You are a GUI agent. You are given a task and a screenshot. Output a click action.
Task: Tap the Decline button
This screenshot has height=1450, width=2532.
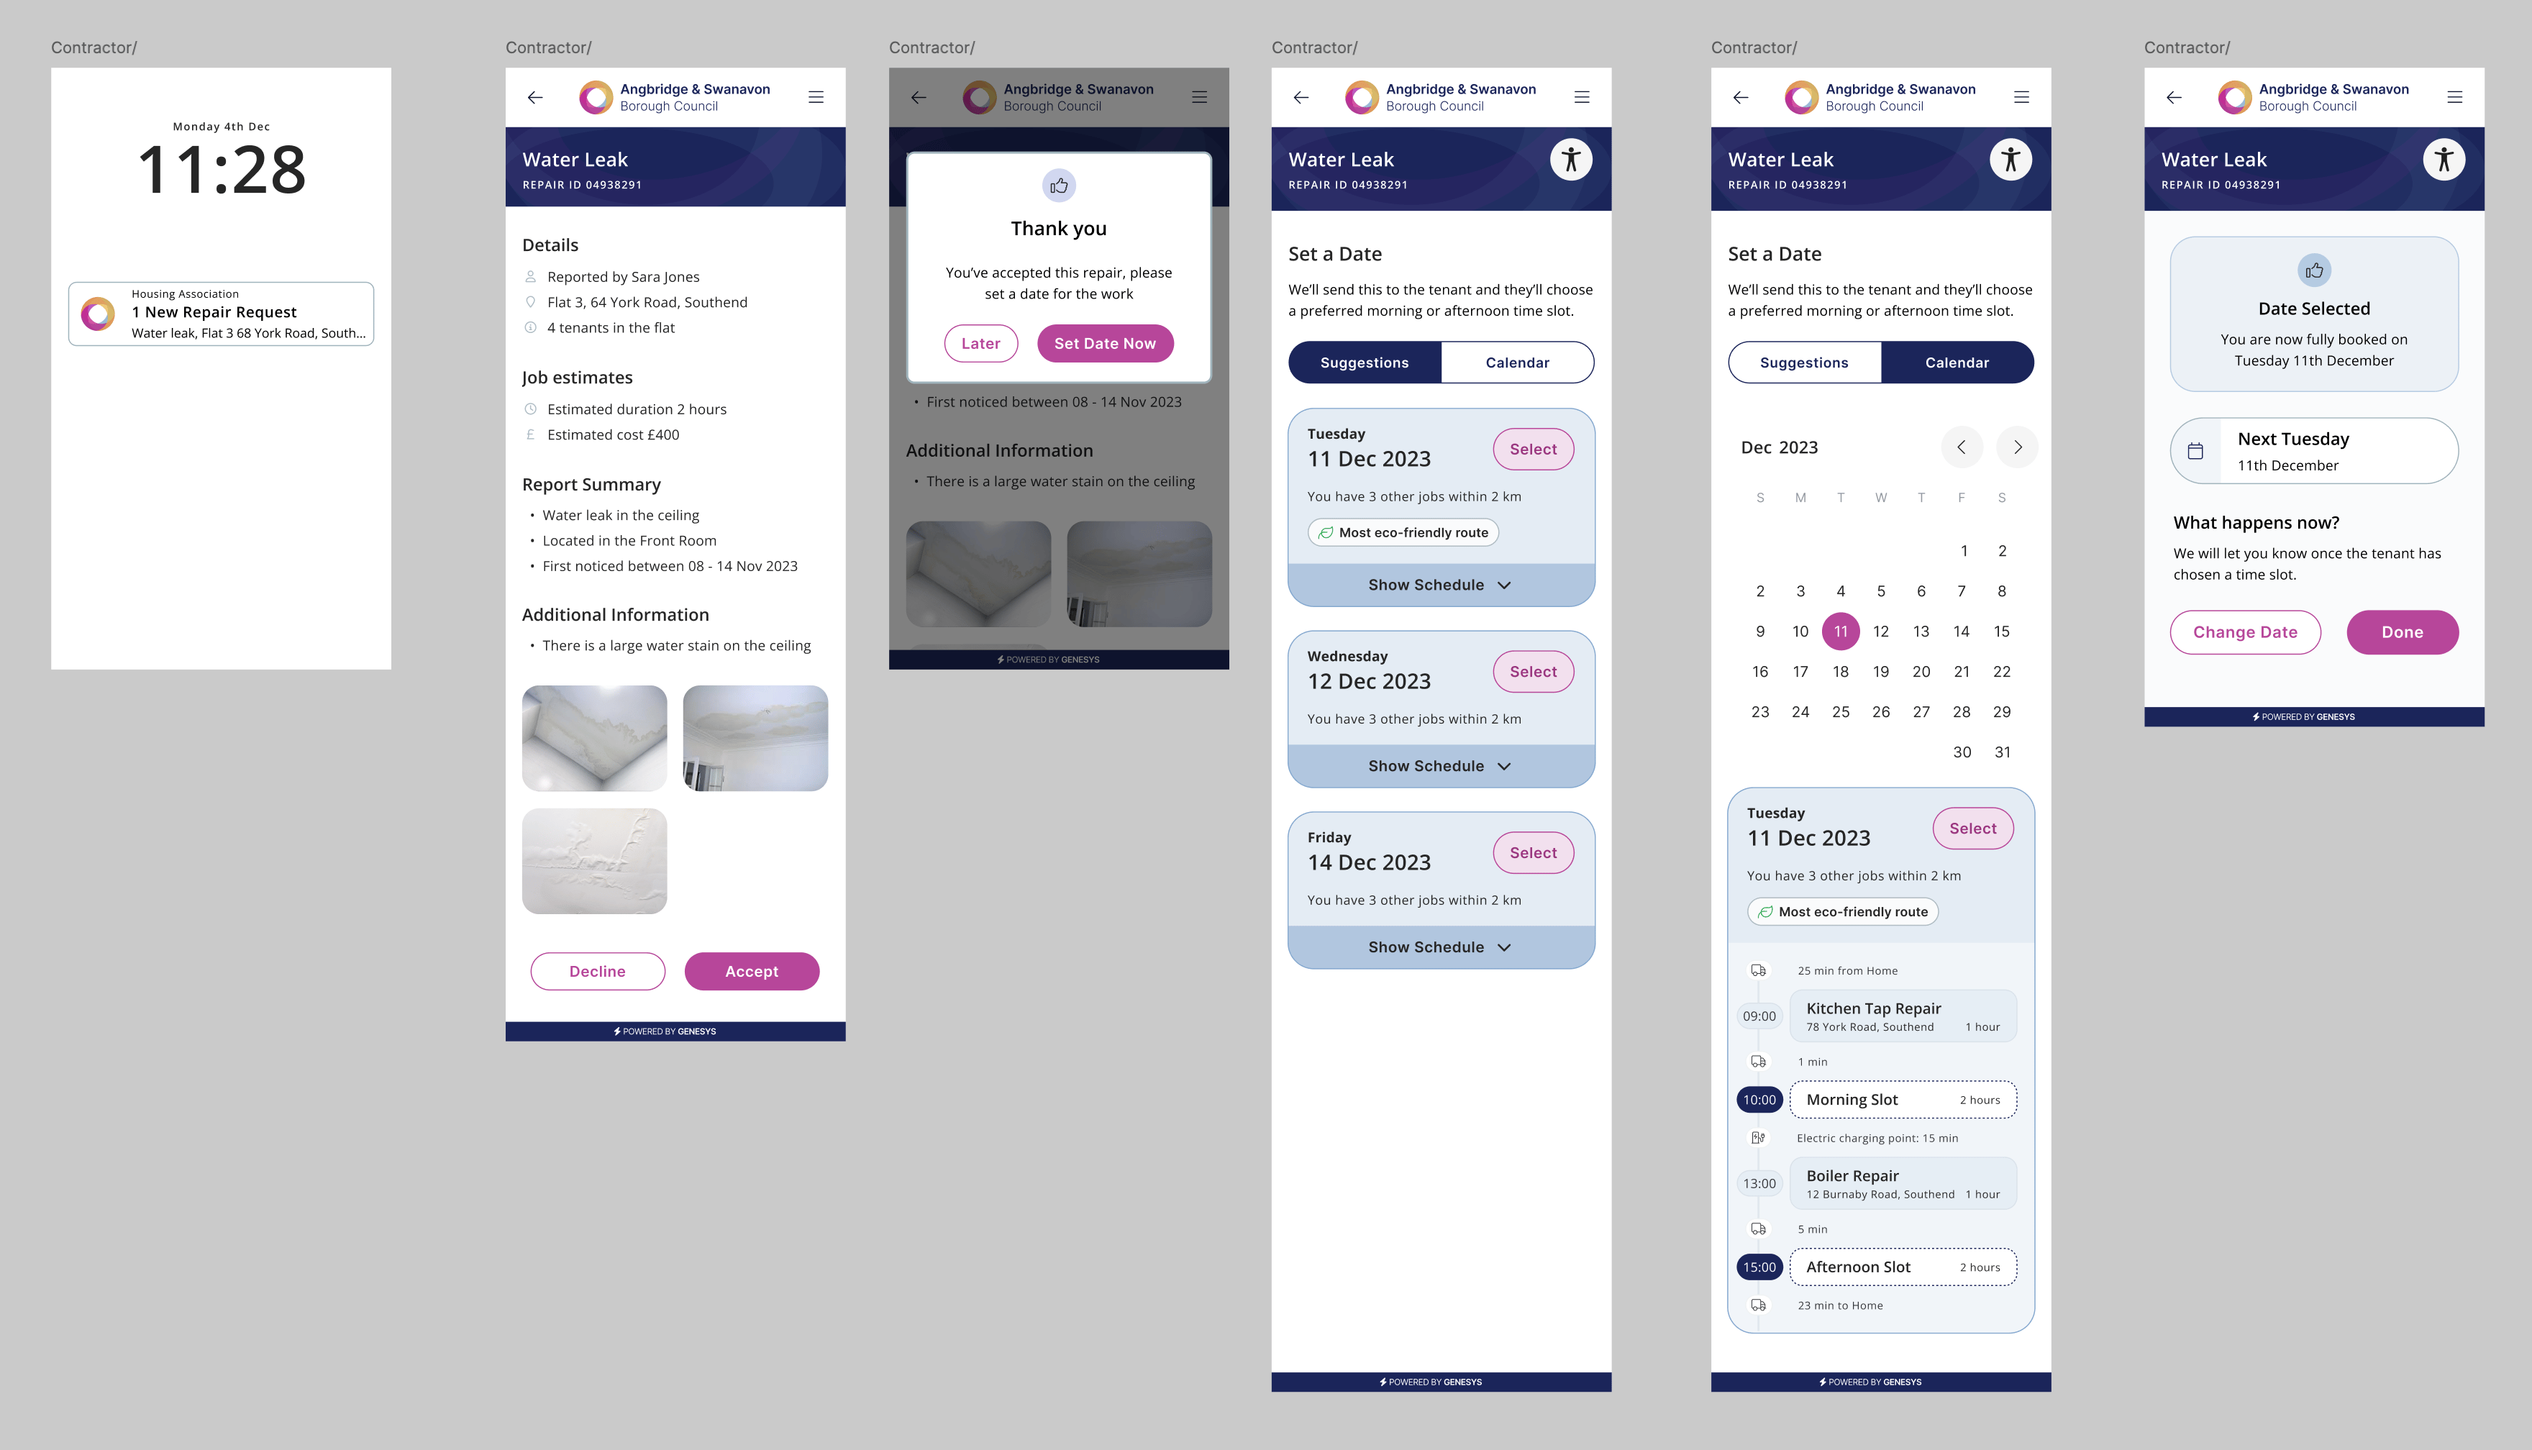(598, 971)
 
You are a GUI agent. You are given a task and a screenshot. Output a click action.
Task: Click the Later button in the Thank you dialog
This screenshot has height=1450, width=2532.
(980, 344)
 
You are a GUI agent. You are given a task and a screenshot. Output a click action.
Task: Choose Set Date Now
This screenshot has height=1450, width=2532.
(1105, 344)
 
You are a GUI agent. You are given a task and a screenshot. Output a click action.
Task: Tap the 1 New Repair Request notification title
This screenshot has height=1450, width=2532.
(214, 311)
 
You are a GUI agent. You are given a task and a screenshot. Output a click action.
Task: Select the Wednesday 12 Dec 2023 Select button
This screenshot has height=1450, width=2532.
(1534, 671)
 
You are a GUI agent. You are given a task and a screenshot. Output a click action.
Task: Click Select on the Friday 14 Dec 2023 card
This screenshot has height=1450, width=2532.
(1534, 852)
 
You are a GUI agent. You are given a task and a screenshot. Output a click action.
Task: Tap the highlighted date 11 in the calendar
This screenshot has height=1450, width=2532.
(1841, 631)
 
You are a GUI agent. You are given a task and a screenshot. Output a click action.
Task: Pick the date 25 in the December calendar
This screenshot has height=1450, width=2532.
(1841, 712)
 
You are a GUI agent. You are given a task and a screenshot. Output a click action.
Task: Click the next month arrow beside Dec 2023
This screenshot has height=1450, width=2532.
(2017, 447)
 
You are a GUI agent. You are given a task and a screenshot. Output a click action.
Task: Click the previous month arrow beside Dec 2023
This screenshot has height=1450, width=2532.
(1962, 447)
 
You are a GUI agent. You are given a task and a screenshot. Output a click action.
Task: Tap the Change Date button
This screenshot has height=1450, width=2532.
(2245, 632)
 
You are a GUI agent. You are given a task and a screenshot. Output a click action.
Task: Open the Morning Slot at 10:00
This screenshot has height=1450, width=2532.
(1903, 1100)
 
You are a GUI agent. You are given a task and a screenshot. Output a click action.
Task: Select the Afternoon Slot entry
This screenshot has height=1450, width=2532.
(1903, 1267)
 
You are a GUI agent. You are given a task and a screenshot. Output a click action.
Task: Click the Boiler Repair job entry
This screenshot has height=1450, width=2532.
(1903, 1183)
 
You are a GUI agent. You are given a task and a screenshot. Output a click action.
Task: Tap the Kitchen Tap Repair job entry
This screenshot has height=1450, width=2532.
(1903, 1016)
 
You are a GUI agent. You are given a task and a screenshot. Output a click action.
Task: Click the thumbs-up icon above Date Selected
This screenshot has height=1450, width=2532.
(2314, 270)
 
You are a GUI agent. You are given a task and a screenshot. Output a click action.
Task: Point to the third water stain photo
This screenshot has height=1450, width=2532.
(594, 860)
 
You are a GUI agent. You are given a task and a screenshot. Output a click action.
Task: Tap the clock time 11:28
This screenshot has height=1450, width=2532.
(221, 169)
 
